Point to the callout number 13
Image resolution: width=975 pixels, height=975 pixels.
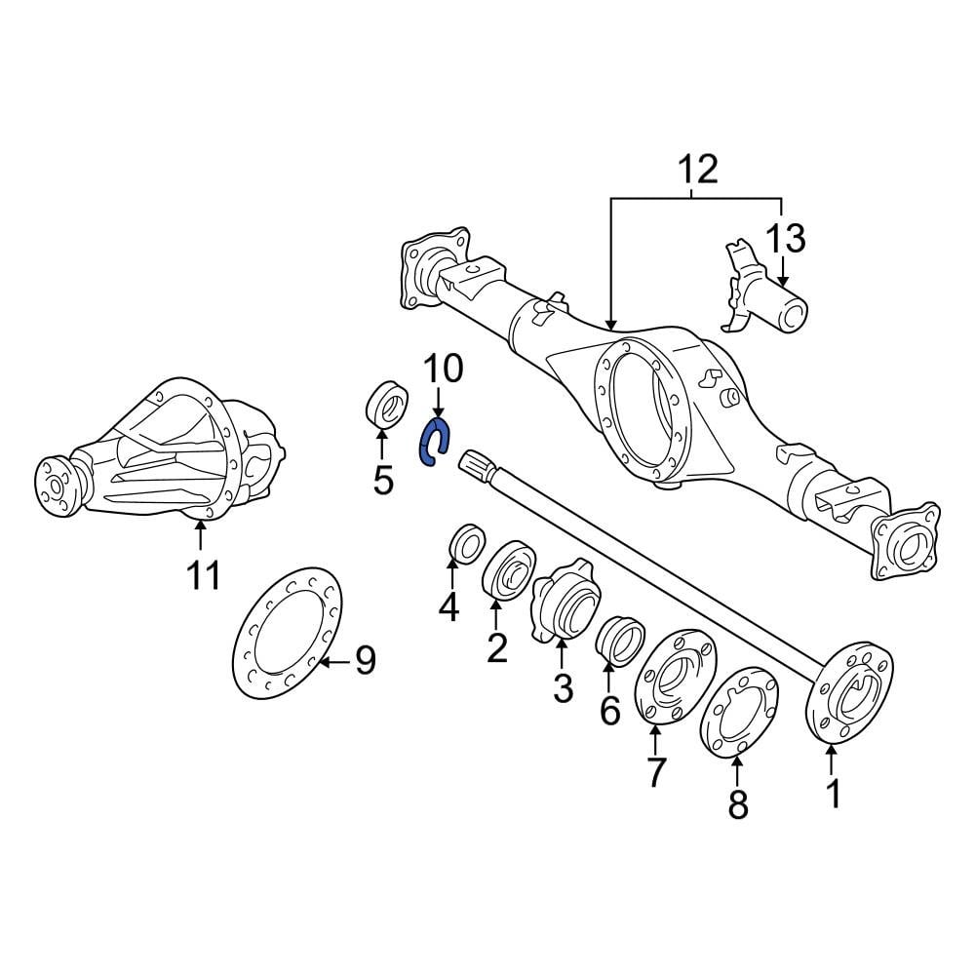point(785,238)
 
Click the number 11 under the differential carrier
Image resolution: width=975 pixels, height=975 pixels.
point(204,575)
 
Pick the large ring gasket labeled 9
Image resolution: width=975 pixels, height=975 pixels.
point(290,634)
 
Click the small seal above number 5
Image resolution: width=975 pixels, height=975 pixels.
point(387,405)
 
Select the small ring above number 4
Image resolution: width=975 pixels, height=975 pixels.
point(467,542)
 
